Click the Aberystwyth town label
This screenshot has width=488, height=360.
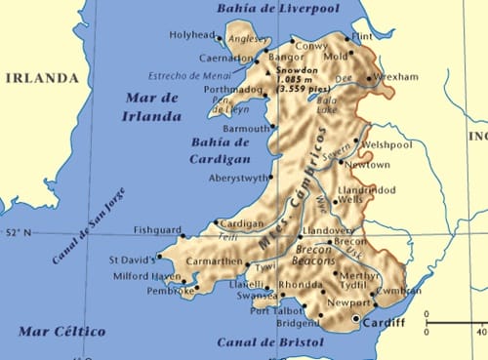pos(238,178)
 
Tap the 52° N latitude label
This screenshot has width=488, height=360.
pos(19,233)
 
